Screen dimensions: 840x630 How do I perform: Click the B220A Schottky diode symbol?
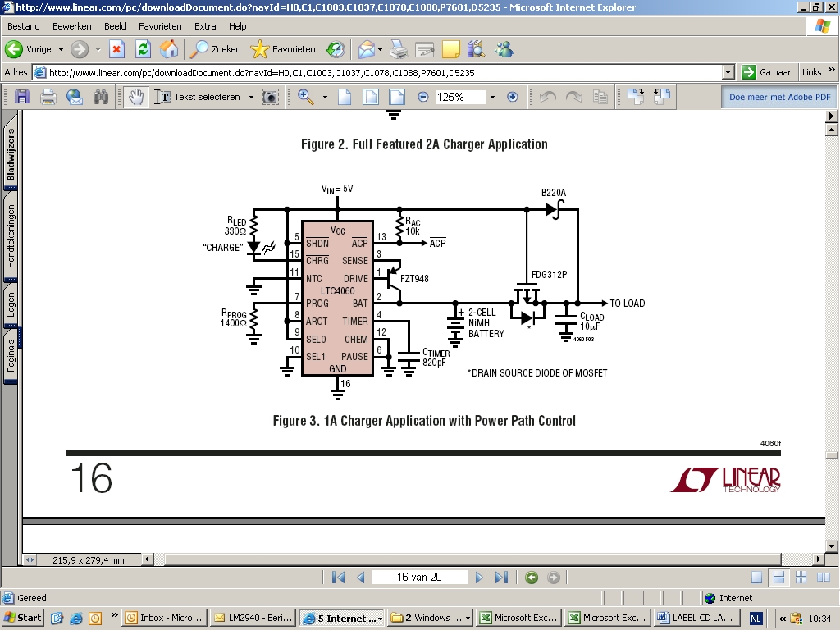[555, 209]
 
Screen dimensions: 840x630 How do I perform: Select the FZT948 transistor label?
[414, 279]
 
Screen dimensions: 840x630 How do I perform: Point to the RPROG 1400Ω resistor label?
[233, 318]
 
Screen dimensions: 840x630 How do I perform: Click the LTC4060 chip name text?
[337, 291]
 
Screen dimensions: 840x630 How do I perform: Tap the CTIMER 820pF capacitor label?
[436, 358]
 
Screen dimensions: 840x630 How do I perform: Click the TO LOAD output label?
[628, 304]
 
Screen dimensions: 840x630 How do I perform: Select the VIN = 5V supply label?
[337, 189]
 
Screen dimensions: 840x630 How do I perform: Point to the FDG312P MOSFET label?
[549, 275]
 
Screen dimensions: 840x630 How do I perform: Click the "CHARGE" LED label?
[223, 248]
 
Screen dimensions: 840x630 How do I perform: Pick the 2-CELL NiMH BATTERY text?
[486, 323]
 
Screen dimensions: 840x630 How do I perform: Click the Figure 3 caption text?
[424, 421]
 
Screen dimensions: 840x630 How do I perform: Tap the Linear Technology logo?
[725, 479]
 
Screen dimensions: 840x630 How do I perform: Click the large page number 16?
[91, 478]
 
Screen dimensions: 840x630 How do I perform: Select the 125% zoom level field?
[460, 97]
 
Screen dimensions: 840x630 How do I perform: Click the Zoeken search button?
[216, 49]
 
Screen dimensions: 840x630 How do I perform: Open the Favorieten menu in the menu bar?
[160, 26]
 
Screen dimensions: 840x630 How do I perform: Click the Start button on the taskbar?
[22, 618]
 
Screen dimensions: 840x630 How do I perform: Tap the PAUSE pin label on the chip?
[354, 356]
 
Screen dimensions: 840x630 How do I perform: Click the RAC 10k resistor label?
[413, 226]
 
